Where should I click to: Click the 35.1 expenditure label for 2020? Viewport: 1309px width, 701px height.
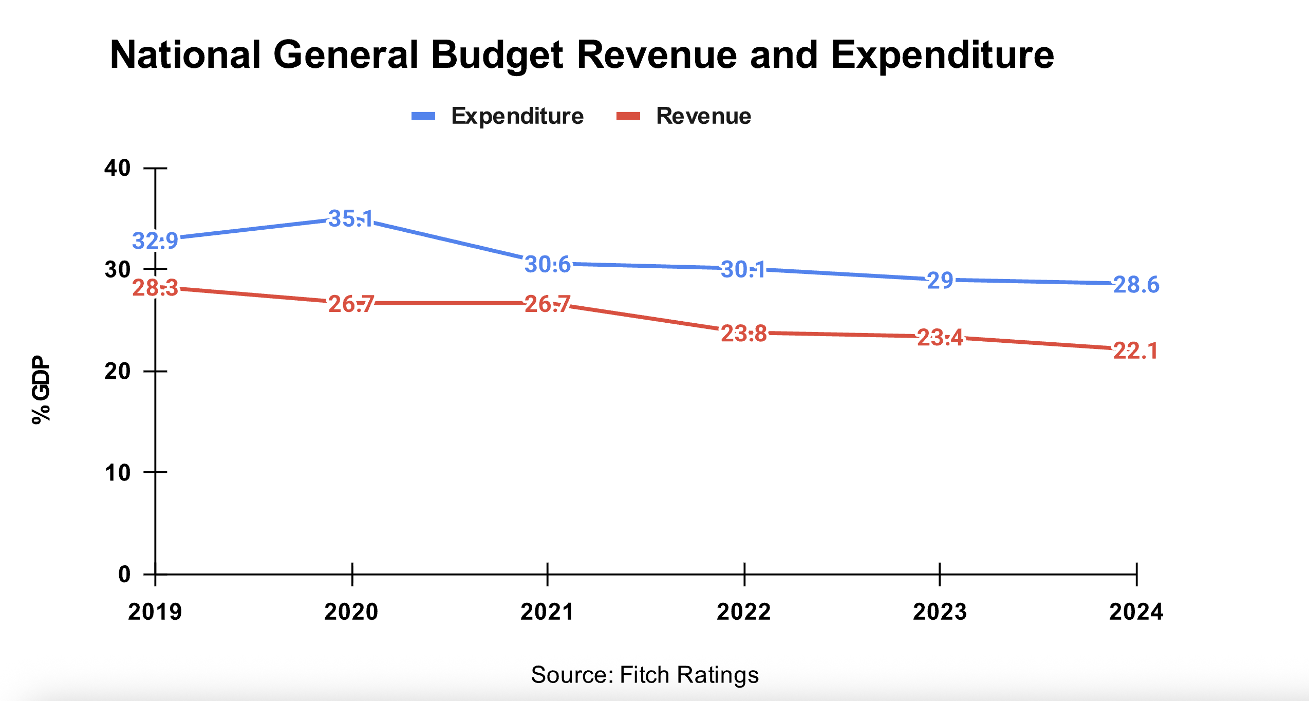[351, 219]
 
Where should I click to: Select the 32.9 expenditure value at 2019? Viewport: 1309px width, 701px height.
[155, 241]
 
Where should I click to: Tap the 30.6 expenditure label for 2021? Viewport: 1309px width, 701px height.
[548, 265]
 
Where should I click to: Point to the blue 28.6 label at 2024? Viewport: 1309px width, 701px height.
[1136, 285]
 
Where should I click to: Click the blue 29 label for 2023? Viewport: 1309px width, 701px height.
[940, 281]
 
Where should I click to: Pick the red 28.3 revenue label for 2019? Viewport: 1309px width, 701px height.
[155, 288]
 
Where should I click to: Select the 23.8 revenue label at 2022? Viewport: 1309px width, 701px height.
[744, 334]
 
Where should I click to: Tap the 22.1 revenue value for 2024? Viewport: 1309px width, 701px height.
[1135, 351]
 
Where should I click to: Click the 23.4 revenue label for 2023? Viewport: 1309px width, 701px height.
[940, 338]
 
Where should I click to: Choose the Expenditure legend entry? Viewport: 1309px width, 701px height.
[517, 116]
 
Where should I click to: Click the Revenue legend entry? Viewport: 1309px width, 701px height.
[703, 116]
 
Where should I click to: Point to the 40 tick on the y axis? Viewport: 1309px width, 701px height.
[118, 168]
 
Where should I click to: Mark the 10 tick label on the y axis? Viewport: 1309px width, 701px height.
[118, 472]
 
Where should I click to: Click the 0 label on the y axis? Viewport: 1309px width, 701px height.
[124, 574]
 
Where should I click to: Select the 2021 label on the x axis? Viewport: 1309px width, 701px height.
[547, 612]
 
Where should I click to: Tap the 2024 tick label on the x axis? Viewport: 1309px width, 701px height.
[1136, 612]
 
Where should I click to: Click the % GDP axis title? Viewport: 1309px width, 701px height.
[41, 390]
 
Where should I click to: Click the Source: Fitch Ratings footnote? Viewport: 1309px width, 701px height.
[645, 675]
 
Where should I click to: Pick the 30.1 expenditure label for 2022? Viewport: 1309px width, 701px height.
[743, 269]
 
